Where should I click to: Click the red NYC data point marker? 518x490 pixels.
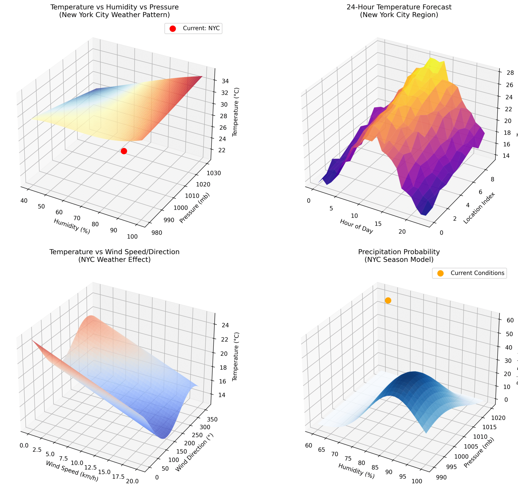(x=124, y=151)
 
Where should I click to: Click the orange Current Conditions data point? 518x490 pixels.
(x=388, y=300)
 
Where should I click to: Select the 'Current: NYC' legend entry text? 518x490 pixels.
(x=201, y=28)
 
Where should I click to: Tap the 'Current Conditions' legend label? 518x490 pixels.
(x=477, y=273)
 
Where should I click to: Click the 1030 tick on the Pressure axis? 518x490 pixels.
(x=214, y=173)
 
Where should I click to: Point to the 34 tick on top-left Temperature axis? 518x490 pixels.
(x=225, y=81)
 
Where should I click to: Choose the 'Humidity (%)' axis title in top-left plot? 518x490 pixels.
(x=72, y=226)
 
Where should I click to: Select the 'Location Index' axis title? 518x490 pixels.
(x=479, y=208)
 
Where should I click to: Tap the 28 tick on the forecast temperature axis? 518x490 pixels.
(x=510, y=73)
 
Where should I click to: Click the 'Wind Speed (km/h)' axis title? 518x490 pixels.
(x=72, y=471)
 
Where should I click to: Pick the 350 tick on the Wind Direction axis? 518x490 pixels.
(x=212, y=419)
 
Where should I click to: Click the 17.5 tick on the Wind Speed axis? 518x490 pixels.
(x=118, y=477)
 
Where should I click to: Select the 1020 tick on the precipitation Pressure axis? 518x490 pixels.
(x=498, y=418)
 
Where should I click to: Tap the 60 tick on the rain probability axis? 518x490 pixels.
(x=510, y=320)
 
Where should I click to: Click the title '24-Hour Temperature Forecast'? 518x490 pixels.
(x=399, y=7)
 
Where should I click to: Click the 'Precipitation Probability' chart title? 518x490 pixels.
(x=399, y=252)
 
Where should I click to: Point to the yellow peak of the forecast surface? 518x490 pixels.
(x=433, y=64)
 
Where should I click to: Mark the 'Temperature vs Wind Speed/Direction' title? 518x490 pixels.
(x=115, y=252)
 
